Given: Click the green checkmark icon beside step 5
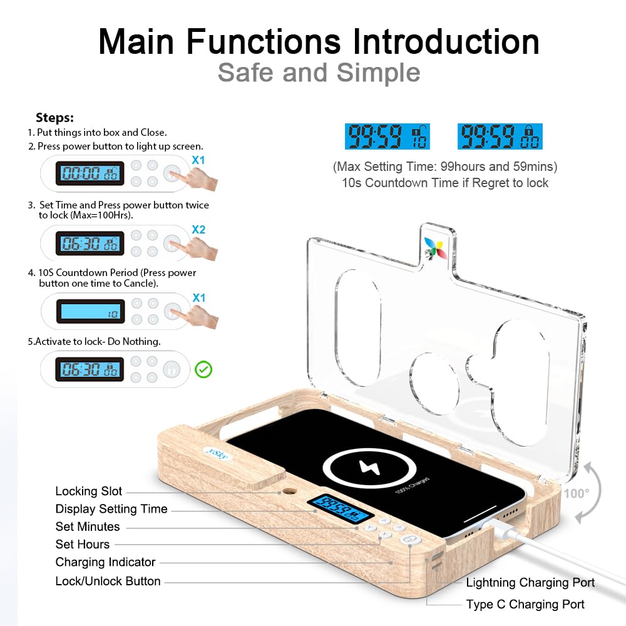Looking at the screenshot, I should click(203, 369).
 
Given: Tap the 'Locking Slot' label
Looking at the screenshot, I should click(89, 491).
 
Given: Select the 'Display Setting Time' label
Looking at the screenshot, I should click(111, 509).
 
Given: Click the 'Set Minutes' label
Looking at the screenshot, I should click(88, 526).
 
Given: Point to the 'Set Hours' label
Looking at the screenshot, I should click(83, 544).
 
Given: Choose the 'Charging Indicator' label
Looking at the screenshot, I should click(105, 562).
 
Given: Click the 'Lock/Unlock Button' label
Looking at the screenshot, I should click(108, 581).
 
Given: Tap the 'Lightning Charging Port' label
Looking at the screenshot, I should click(530, 583).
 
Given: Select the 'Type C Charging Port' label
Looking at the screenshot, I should click(525, 604).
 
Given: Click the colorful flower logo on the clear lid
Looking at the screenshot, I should click(434, 248).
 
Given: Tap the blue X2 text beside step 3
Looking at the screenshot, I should click(198, 230).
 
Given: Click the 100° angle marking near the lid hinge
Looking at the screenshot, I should click(575, 493).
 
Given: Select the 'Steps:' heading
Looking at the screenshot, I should click(54, 118).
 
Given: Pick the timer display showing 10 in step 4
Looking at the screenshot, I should click(91, 312).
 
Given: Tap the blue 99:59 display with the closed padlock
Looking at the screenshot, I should click(500, 136).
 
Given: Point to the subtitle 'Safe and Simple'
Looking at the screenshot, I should click(319, 73).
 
